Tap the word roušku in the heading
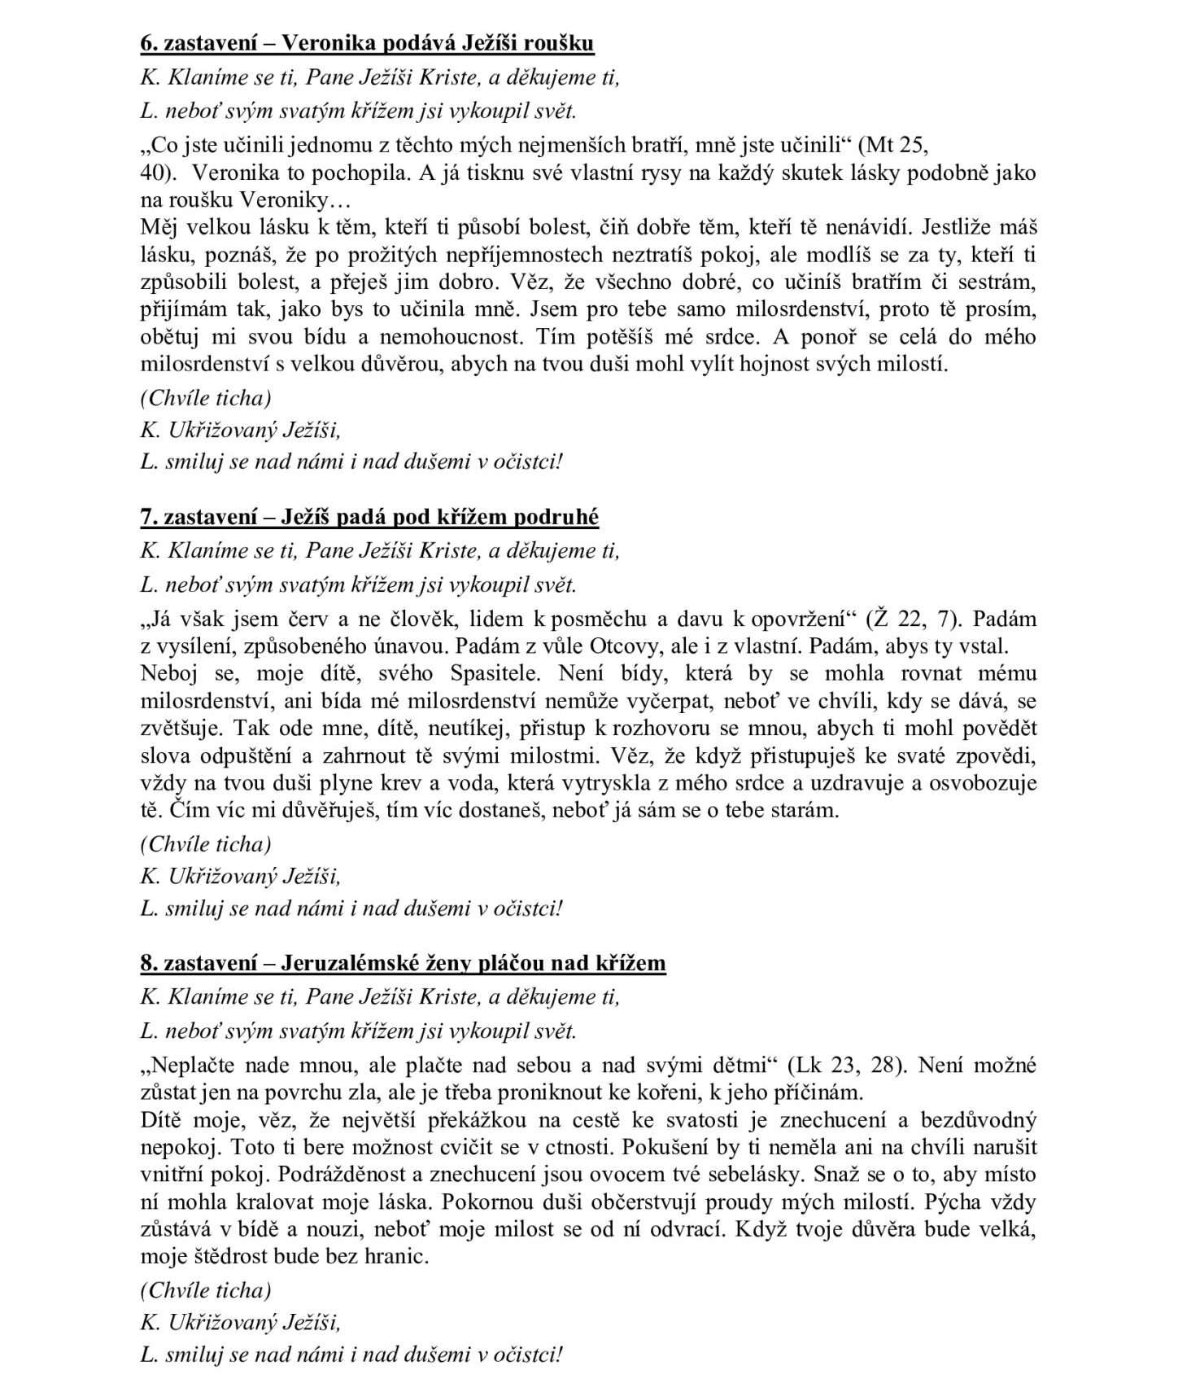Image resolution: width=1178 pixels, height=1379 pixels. (x=561, y=42)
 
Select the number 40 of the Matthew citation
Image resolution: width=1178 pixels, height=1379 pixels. (x=152, y=173)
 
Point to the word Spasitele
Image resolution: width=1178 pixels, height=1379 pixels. (x=497, y=674)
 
